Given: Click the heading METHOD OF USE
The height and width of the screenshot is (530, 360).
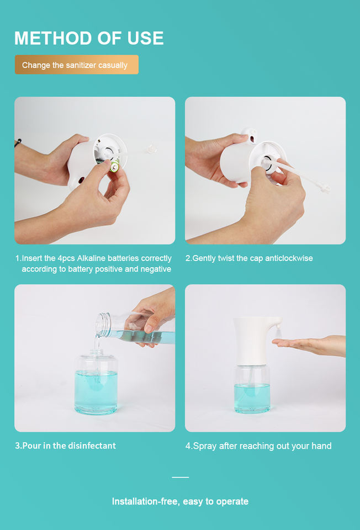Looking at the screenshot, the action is [x=89, y=38].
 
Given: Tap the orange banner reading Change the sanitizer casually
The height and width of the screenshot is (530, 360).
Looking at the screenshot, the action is [x=77, y=65].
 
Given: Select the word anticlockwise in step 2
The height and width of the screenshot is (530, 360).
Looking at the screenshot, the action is [x=289, y=258].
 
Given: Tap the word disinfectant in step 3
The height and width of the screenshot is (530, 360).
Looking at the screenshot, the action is [x=92, y=446].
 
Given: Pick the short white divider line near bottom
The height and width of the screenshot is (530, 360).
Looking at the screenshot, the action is [x=180, y=477].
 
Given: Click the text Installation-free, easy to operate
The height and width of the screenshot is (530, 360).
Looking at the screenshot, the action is [x=180, y=501].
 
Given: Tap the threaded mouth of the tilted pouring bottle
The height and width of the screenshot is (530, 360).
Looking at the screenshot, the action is [x=102, y=325].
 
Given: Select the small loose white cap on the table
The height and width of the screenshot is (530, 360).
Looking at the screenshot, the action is [x=152, y=149].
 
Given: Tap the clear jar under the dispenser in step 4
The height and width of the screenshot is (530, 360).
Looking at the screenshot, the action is [x=252, y=389].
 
